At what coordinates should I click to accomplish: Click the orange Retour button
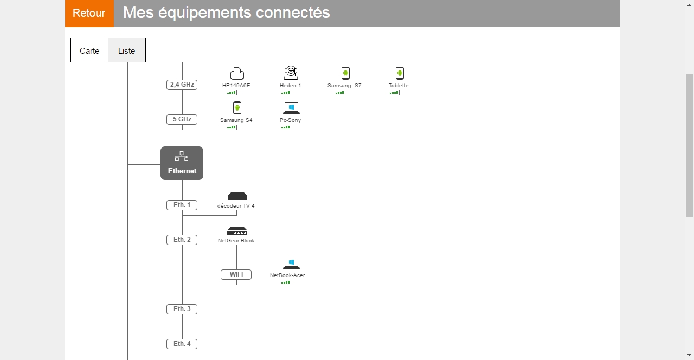pyautogui.click(x=89, y=13)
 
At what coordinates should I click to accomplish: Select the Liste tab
pyautogui.click(x=127, y=50)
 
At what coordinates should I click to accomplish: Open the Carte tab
pyautogui.click(x=89, y=50)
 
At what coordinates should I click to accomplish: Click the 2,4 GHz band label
pyautogui.click(x=182, y=85)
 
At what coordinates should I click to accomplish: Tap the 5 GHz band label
pyautogui.click(x=182, y=119)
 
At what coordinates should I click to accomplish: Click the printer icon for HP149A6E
pyautogui.click(x=237, y=73)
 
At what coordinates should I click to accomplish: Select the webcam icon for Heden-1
pyautogui.click(x=291, y=73)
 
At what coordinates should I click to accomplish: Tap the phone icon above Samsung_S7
pyautogui.click(x=345, y=73)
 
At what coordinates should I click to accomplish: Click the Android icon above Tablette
pyautogui.click(x=400, y=73)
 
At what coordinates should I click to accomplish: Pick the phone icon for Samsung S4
pyautogui.click(x=237, y=108)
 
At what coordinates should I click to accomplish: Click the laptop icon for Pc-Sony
pyautogui.click(x=291, y=108)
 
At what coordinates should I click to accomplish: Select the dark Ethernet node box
pyautogui.click(x=182, y=163)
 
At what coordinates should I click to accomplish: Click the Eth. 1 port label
pyautogui.click(x=182, y=205)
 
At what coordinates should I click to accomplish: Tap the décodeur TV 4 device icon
pyautogui.click(x=237, y=196)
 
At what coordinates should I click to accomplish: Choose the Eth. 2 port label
pyautogui.click(x=182, y=240)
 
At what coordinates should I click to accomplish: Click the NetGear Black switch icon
pyautogui.click(x=237, y=231)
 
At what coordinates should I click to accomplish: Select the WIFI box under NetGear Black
pyautogui.click(x=236, y=274)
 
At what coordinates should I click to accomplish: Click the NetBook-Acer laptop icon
pyautogui.click(x=291, y=264)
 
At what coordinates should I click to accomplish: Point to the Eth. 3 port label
pyautogui.click(x=182, y=309)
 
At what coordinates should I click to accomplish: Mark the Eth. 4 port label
pyautogui.click(x=182, y=344)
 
